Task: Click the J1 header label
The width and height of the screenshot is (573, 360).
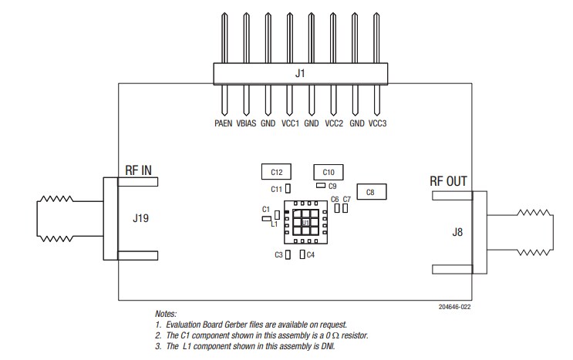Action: tap(300, 74)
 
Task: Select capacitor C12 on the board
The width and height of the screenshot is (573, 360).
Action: tap(276, 171)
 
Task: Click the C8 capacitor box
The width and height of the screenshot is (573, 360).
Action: tap(370, 192)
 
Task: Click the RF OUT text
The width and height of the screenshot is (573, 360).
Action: tap(448, 182)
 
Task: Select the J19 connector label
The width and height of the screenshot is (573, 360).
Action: tap(141, 218)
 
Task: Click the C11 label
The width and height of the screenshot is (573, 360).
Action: tap(276, 189)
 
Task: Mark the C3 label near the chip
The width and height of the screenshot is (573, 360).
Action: tap(278, 255)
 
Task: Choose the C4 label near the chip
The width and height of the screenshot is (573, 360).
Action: tap(311, 255)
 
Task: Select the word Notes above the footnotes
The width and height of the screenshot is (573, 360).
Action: tap(166, 315)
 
